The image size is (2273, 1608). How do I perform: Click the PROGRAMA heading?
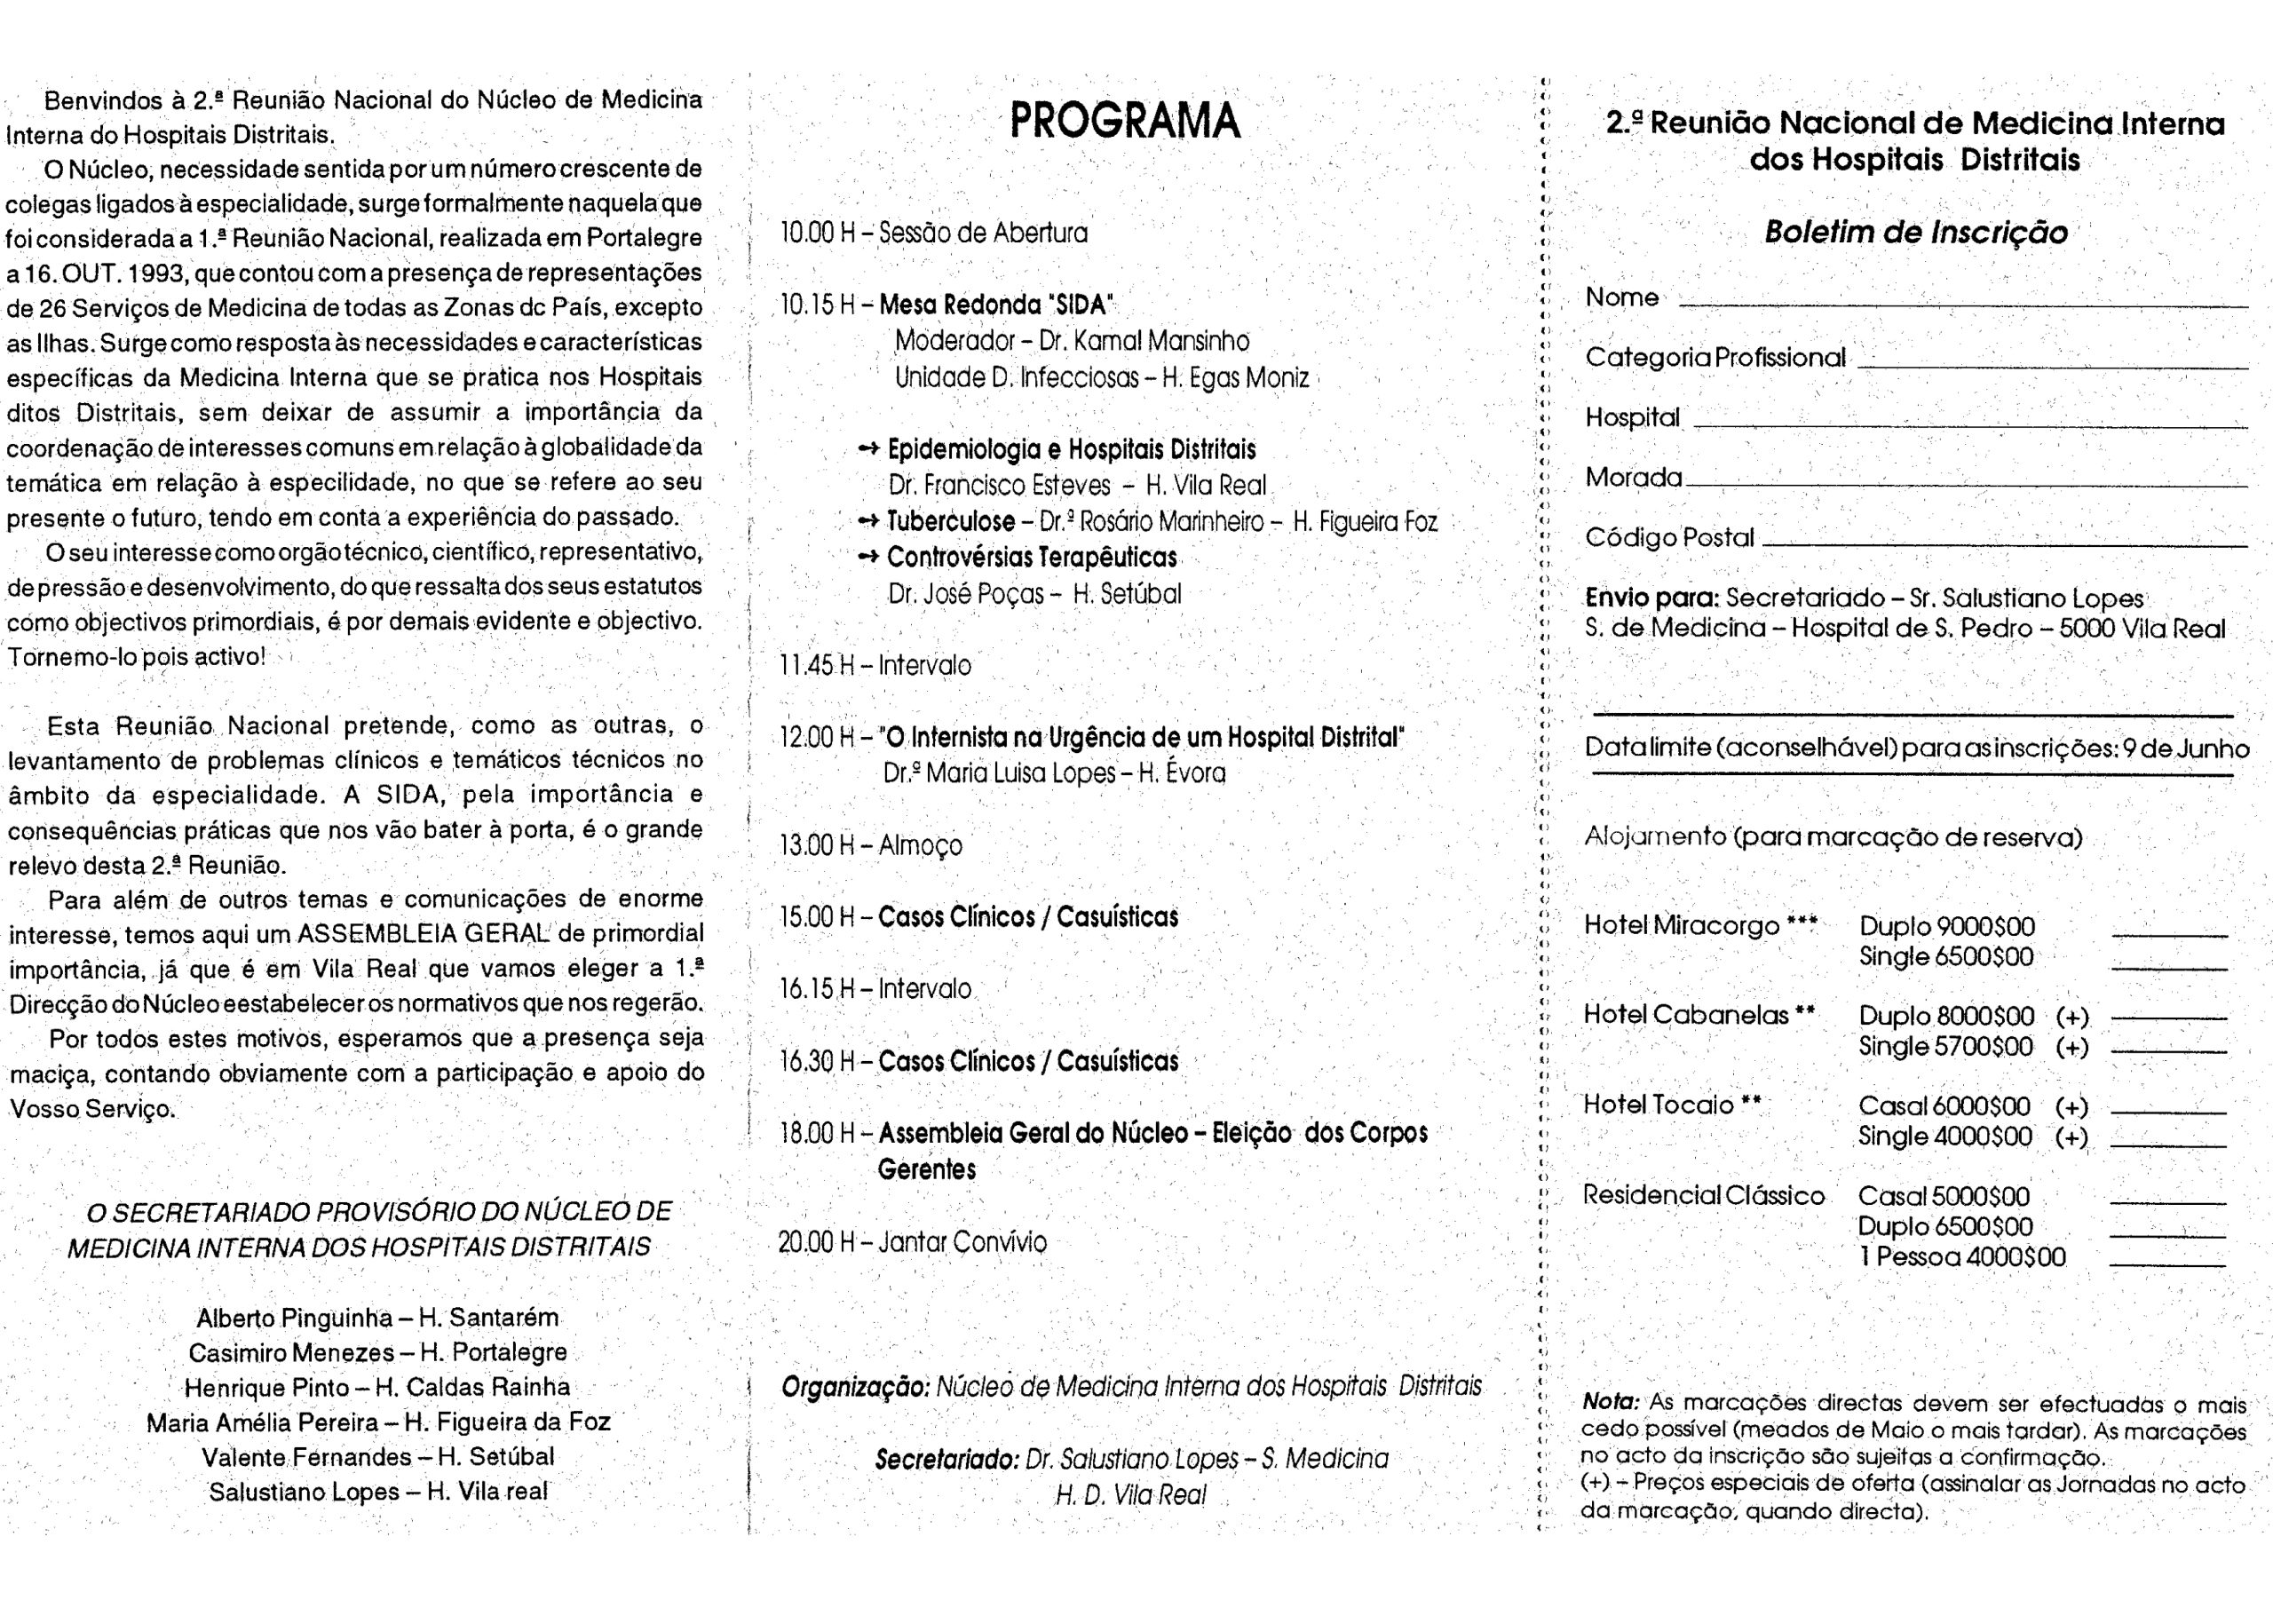1125,121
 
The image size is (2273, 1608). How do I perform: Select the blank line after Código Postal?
2005,544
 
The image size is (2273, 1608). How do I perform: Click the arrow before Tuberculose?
868,521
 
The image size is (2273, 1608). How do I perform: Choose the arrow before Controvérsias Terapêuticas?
868,558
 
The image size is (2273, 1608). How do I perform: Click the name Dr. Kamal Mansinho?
1144,342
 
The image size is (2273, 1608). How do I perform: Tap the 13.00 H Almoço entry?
870,845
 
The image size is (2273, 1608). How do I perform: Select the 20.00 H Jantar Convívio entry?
912,1241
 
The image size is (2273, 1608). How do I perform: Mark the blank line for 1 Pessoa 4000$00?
2167,1265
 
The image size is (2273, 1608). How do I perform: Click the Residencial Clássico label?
1703,1195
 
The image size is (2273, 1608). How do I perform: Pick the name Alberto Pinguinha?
294,1319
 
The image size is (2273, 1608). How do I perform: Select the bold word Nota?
1610,1402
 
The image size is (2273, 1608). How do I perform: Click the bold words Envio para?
1651,598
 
